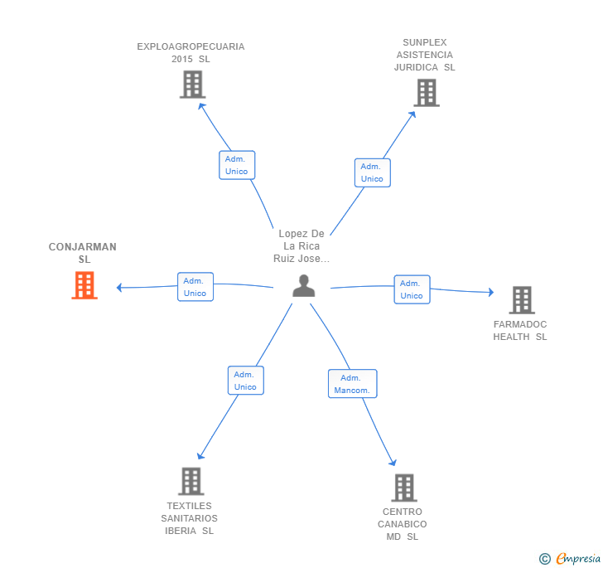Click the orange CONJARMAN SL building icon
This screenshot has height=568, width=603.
[x=84, y=285]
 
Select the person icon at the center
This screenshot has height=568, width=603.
[x=303, y=285]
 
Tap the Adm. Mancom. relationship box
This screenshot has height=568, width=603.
[x=352, y=384]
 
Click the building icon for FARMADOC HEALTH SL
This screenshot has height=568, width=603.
[x=522, y=300]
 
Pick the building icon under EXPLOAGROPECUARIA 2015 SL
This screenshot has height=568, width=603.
[x=193, y=85]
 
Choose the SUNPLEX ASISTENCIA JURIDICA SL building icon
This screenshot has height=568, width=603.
[x=427, y=93]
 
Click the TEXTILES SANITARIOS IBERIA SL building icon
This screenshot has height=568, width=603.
[x=191, y=482]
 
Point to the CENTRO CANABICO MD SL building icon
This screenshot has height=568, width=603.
[x=404, y=488]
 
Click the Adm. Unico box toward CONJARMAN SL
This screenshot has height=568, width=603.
[x=195, y=287]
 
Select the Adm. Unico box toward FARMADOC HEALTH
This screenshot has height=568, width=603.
[x=412, y=289]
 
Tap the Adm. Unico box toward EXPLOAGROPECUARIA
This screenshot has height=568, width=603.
[x=237, y=165]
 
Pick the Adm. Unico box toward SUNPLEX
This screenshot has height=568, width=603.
[x=372, y=173]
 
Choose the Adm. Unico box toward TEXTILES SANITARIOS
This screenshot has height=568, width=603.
[x=246, y=381]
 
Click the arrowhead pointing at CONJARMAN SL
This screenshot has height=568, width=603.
[x=119, y=288]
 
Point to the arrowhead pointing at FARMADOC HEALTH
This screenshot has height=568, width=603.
[x=491, y=292]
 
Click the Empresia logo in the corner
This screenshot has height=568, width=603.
[x=570, y=558]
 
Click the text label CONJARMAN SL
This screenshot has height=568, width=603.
[x=83, y=253]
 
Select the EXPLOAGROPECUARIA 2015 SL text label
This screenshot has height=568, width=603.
[x=191, y=53]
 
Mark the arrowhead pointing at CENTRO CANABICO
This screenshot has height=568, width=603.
[x=393, y=462]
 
